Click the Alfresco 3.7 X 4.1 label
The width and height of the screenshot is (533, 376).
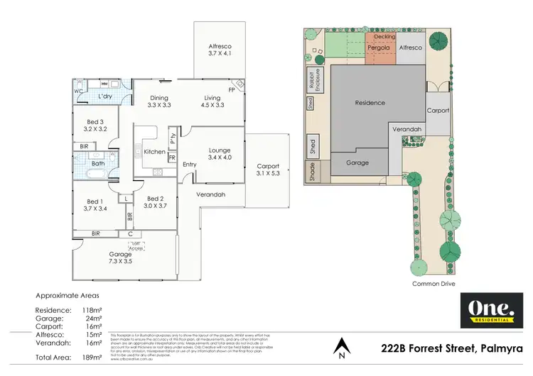[x=220, y=49]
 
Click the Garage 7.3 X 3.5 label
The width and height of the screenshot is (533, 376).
[x=121, y=258]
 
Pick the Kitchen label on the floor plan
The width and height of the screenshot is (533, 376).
[x=154, y=152]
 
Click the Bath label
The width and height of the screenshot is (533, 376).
[x=97, y=163]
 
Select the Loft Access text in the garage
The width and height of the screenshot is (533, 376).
[x=138, y=245]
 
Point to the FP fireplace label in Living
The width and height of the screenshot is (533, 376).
[x=231, y=90]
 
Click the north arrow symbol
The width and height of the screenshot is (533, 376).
[x=343, y=345]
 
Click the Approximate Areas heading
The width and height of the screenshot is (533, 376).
[x=68, y=294]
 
